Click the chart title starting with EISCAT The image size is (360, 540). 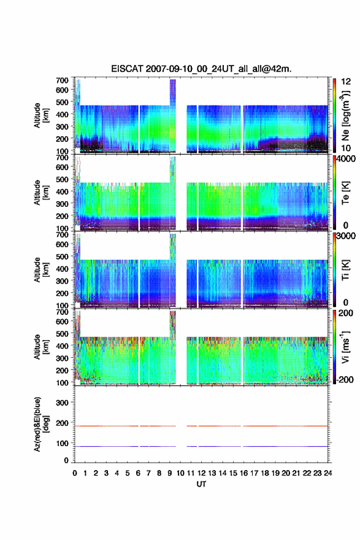[x=201, y=69]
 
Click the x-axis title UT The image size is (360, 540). [x=201, y=484]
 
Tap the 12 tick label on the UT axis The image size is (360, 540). [x=201, y=473]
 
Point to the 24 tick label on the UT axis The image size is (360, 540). [x=327, y=473]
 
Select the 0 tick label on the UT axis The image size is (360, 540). [x=75, y=473]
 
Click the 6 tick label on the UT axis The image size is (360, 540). [x=138, y=473]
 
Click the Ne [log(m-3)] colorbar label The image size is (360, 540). [x=346, y=115]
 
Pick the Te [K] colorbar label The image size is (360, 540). [x=345, y=193]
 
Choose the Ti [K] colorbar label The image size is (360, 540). [x=345, y=270]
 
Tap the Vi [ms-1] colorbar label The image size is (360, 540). [x=345, y=347]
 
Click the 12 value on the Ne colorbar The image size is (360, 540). [x=346, y=82]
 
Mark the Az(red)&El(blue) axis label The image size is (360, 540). [x=41, y=424]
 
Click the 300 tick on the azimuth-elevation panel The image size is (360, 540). [x=62, y=403]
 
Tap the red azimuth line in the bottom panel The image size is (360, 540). [x=201, y=426]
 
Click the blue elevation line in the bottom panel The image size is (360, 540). [x=201, y=446]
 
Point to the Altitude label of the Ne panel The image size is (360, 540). [x=41, y=115]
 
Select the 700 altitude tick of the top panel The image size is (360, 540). [x=62, y=80]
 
